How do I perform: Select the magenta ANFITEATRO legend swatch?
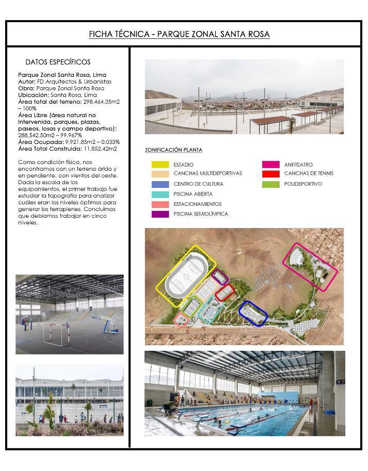tap(270, 165)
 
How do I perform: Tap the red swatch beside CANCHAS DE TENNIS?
tap(270, 173)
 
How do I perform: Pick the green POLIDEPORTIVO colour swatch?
tap(270, 184)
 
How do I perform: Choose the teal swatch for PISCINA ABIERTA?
tap(159, 194)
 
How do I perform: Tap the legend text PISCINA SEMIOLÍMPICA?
tap(200, 214)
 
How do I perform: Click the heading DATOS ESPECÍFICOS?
tap(58, 62)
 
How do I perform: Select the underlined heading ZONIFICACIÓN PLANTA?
tap(173, 150)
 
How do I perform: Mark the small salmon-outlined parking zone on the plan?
tap(180, 320)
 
